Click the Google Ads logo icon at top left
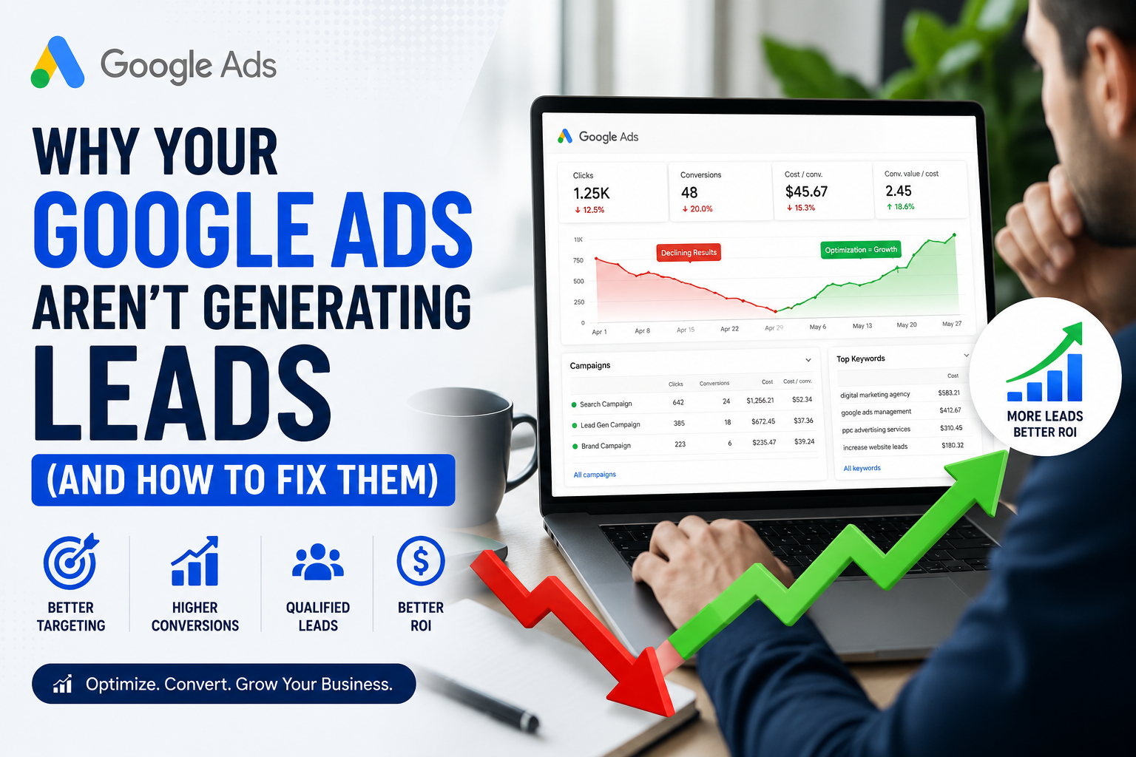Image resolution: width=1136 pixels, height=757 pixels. (57, 62)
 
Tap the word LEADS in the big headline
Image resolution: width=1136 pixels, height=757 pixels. (183, 393)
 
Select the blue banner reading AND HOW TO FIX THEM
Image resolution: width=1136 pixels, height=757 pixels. (243, 480)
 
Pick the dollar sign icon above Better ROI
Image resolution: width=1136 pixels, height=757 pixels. (420, 561)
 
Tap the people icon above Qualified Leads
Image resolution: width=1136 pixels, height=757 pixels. (318, 562)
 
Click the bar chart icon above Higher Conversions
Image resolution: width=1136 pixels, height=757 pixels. (195, 561)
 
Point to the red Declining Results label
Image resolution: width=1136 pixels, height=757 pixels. (689, 253)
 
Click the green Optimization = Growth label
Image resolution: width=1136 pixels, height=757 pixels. (861, 249)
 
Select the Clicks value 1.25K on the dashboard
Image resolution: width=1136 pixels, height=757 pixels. (592, 193)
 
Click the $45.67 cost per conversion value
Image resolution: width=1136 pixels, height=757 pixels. (806, 191)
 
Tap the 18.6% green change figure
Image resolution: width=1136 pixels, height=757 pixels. (900, 206)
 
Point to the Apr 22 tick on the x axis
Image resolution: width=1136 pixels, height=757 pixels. (729, 328)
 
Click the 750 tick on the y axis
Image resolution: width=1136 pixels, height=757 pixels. (578, 260)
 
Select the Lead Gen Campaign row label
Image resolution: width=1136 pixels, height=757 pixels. (610, 425)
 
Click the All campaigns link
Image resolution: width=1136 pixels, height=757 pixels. (595, 475)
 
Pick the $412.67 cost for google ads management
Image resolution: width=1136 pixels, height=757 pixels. (950, 410)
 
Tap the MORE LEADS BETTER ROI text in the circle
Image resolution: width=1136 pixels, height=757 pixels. (1045, 424)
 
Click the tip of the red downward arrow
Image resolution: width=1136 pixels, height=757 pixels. (672, 715)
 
